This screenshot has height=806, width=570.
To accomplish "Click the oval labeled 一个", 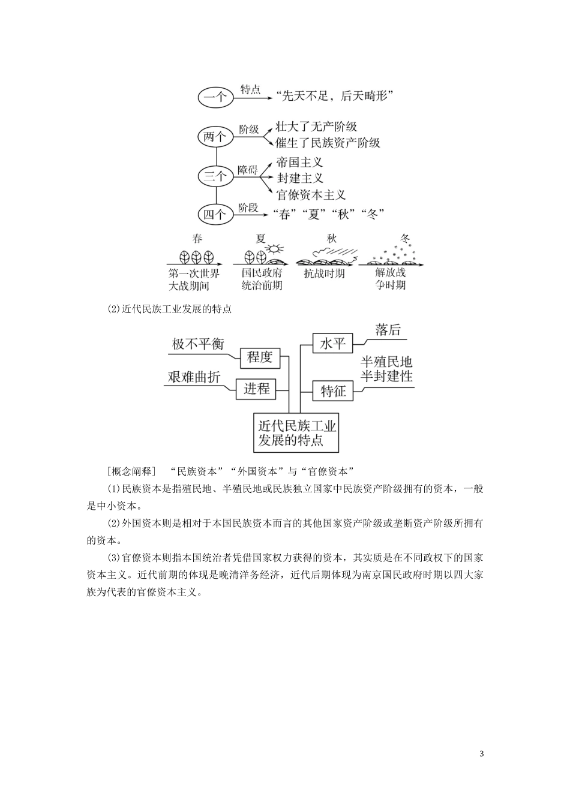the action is pyautogui.click(x=215, y=97).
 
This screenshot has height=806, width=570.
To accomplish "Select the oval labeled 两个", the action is pyautogui.click(x=215, y=137).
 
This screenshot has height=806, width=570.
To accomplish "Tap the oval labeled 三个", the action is pyautogui.click(x=215, y=176).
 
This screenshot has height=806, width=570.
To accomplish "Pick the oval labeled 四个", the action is pyautogui.click(x=215, y=214).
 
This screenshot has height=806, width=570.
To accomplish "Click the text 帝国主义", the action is pyautogui.click(x=300, y=163).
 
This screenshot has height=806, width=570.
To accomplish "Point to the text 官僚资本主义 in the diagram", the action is pyautogui.click(x=311, y=194).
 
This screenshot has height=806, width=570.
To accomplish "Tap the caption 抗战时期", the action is pyautogui.click(x=324, y=273).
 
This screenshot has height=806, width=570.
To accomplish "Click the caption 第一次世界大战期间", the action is pyautogui.click(x=194, y=279).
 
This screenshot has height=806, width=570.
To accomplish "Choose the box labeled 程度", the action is pyautogui.click(x=260, y=358).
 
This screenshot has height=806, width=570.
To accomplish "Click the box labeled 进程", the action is pyautogui.click(x=257, y=389).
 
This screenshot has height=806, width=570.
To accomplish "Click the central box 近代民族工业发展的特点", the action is pyautogui.click(x=296, y=433).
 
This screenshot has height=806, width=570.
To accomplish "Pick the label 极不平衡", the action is pyautogui.click(x=197, y=344).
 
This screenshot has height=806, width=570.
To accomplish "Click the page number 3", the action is pyautogui.click(x=482, y=754).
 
